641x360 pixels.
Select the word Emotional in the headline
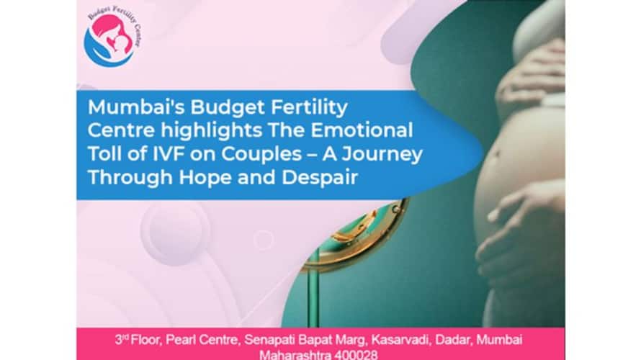(x=362, y=130)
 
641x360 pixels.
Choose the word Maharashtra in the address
(x=295, y=355)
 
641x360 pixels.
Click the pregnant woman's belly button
(x=496, y=154)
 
